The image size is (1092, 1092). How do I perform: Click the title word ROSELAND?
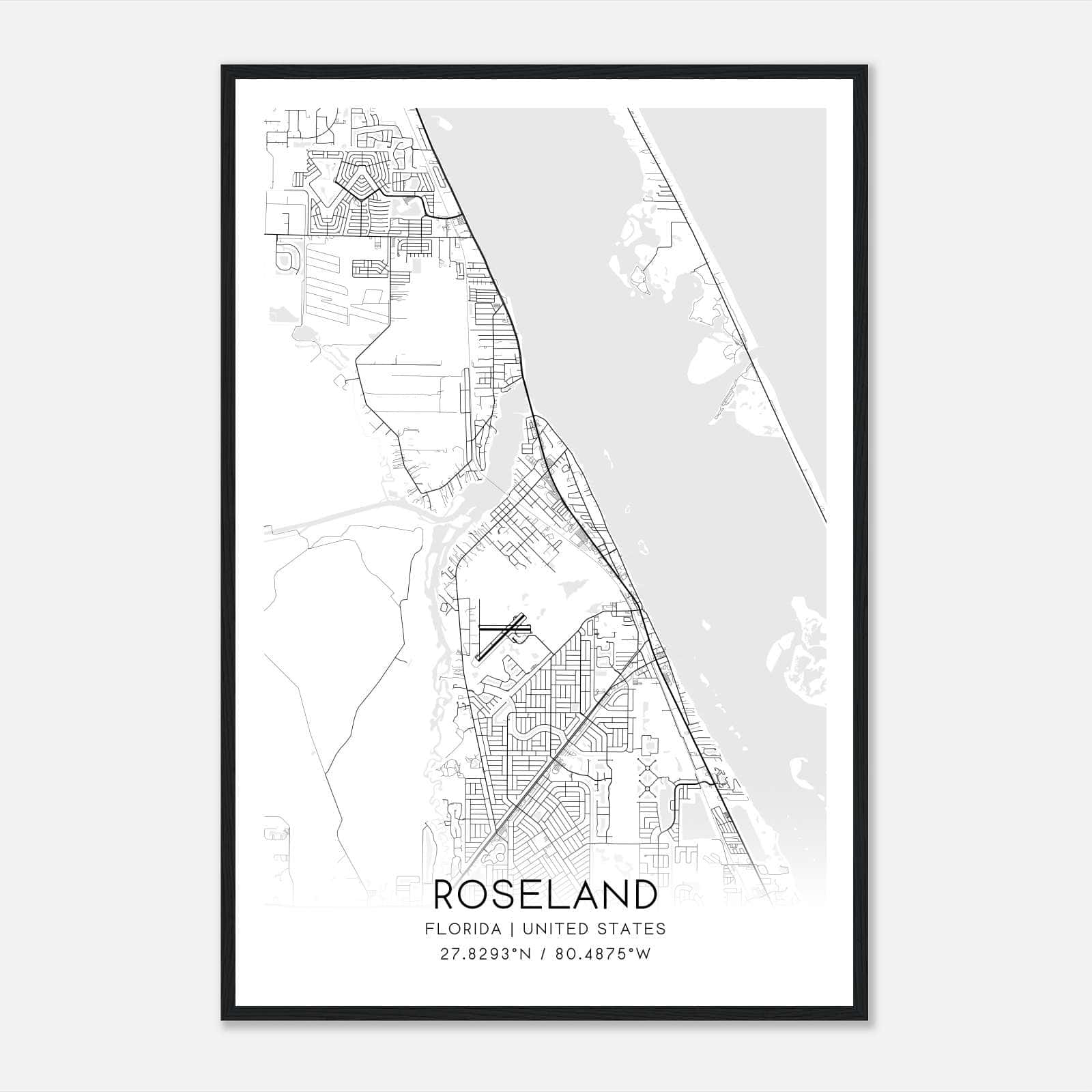545,895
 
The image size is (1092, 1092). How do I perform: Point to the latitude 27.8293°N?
485,953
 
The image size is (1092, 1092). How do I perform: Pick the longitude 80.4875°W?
603,953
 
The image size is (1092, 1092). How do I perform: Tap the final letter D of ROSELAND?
644,895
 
